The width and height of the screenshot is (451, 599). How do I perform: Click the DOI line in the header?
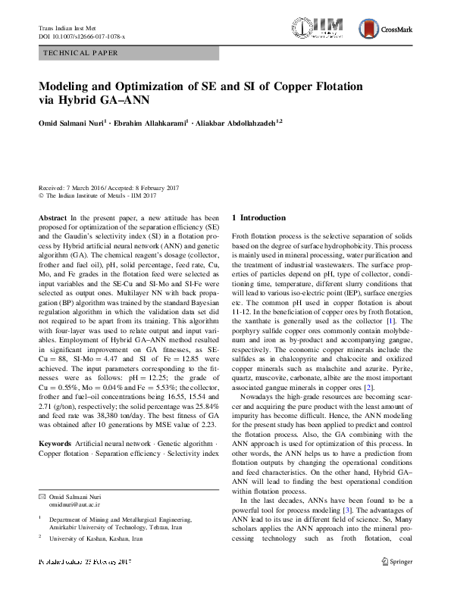coord(82,36)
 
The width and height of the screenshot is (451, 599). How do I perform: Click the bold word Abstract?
coord(52,217)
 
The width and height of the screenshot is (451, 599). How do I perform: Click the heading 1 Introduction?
coord(258,218)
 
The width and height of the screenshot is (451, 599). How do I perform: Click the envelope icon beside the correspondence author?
coord(42,496)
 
